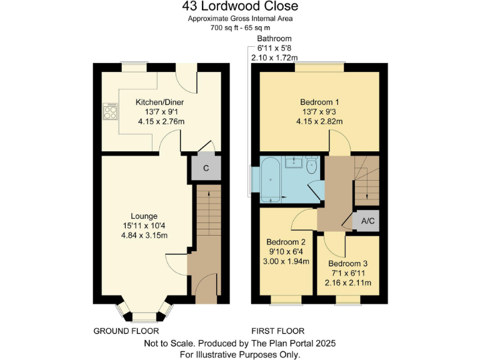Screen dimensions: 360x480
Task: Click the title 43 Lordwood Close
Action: pyautogui.click(x=240, y=7)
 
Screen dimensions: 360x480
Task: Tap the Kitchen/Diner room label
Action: pyautogui.click(x=160, y=102)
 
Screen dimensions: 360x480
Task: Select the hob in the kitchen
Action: pyautogui.click(x=110, y=112)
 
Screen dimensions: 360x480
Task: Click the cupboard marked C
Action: pyautogui.click(x=206, y=167)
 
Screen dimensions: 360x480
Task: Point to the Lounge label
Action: pyautogui.click(x=144, y=216)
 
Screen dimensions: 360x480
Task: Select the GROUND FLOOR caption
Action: pyautogui.click(x=126, y=331)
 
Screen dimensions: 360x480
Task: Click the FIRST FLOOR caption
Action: pyautogui.click(x=277, y=331)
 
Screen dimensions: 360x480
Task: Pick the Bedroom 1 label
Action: pyautogui.click(x=319, y=102)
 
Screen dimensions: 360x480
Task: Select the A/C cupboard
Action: pyautogui.click(x=368, y=221)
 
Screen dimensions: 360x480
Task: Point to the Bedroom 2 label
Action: pyautogui.click(x=286, y=242)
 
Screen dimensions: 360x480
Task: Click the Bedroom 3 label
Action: pyautogui.click(x=347, y=264)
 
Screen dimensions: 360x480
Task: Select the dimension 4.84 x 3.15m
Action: pyautogui.click(x=144, y=235)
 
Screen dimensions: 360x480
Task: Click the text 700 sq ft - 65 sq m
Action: pyautogui.click(x=240, y=28)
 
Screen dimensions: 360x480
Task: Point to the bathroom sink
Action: pyautogui.click(x=293, y=163)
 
